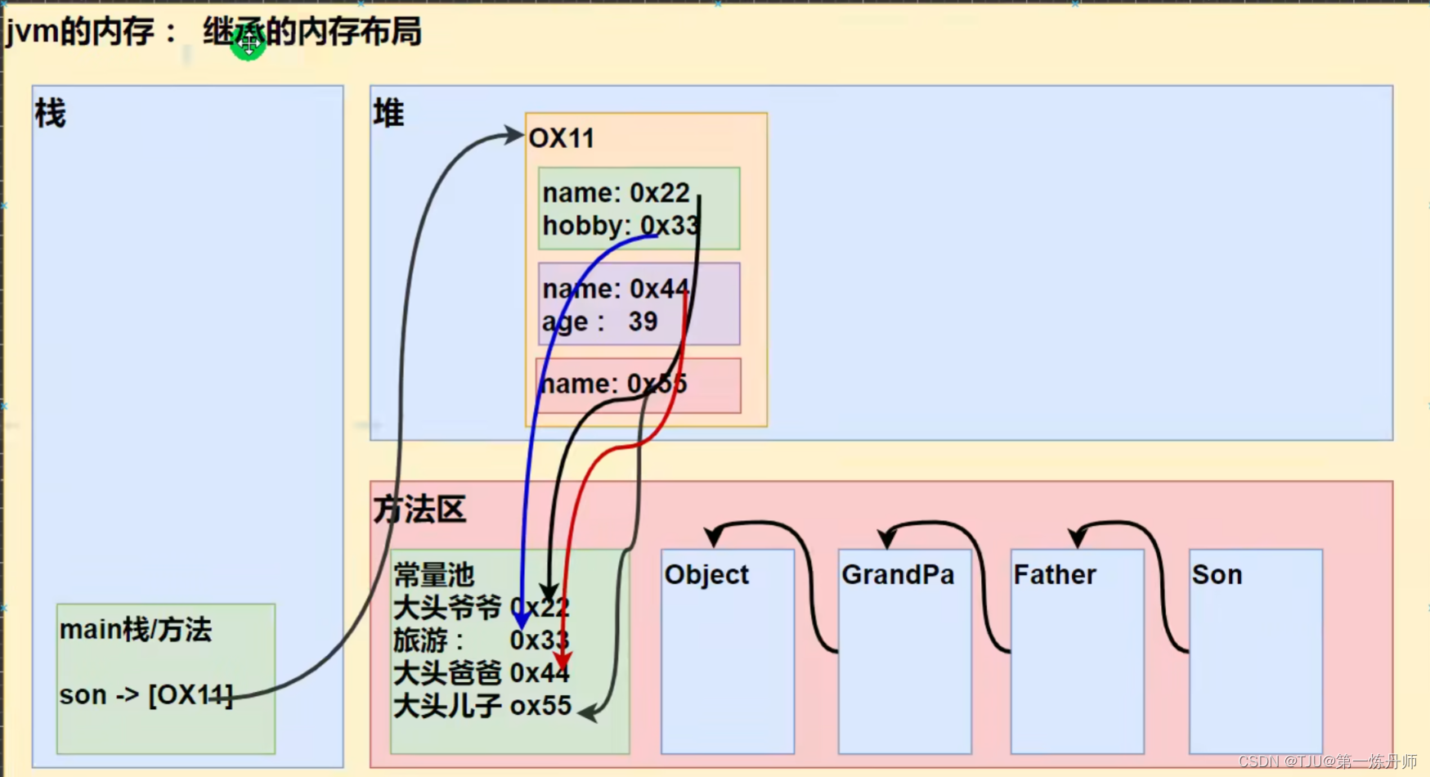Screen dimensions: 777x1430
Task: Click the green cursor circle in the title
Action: coord(248,43)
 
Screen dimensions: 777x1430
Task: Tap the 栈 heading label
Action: coord(50,114)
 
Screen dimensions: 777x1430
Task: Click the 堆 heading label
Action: coord(389,114)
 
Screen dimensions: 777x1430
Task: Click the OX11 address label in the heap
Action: coord(562,138)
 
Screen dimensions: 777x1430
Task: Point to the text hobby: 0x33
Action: coord(620,226)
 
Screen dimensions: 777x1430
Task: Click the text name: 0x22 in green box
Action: coord(616,193)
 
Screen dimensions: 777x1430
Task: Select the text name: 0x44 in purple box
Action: coord(616,289)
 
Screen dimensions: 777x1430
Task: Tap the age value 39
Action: coord(643,321)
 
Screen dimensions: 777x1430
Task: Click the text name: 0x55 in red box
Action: coord(613,384)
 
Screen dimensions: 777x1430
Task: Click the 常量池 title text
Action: coord(433,575)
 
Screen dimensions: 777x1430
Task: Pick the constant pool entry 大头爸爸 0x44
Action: coord(481,673)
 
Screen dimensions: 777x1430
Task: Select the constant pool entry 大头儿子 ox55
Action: coord(482,706)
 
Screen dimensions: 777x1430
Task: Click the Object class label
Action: coord(706,575)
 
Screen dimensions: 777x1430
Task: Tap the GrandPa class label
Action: coord(898,575)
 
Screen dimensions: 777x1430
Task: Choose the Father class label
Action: coord(1054,575)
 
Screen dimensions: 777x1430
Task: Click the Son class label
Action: coord(1217,575)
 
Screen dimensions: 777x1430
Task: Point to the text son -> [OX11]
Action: coord(146,695)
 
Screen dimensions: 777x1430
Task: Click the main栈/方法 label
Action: coord(136,630)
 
